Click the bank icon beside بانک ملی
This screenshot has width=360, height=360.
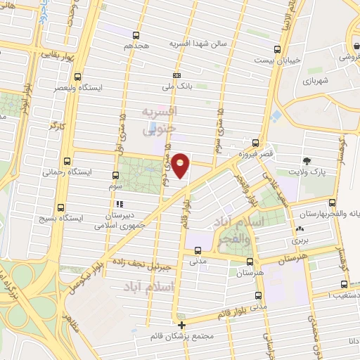click(176, 75)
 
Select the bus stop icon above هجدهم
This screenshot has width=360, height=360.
click(136, 34)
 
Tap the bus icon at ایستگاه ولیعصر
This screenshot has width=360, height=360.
click(77, 77)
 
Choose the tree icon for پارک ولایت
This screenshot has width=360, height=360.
click(307, 161)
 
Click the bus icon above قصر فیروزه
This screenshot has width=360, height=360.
click(256, 141)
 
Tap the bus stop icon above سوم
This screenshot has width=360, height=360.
click(116, 174)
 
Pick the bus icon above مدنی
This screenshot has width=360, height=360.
click(198, 250)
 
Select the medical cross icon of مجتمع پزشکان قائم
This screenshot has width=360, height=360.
click(182, 325)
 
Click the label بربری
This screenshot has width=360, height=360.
click(301, 240)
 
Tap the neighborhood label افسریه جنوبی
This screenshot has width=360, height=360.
click(160, 121)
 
